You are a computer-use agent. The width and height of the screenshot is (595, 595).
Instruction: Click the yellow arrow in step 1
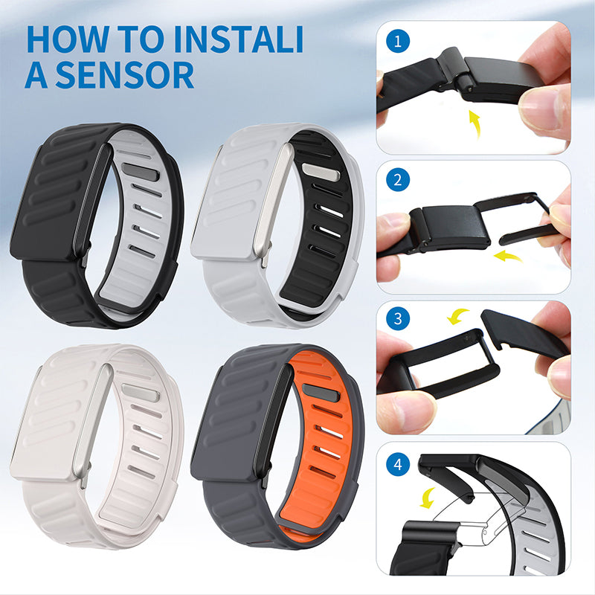[x=473, y=123]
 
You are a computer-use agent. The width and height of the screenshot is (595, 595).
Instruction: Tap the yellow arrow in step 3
[x=456, y=317]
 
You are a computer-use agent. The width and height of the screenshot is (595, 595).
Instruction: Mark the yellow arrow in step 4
[x=428, y=498]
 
